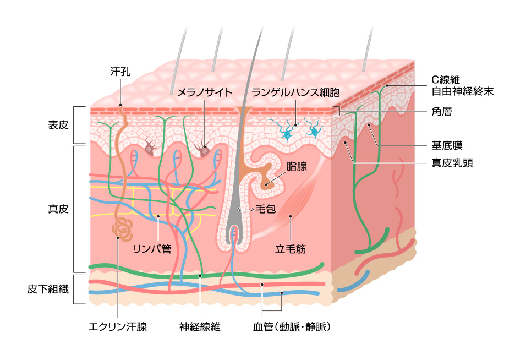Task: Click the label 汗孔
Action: (120, 72)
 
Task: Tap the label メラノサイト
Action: (204, 92)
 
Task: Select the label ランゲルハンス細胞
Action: (295, 92)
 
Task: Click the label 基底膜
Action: (447, 146)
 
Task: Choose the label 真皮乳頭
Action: (452, 163)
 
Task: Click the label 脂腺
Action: (297, 166)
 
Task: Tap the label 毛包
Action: (265, 210)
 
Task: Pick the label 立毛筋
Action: (291, 249)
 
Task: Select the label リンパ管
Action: (152, 249)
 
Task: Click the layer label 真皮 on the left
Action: (58, 209)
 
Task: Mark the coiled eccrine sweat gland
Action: (121, 230)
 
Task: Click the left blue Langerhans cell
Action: (287, 132)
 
